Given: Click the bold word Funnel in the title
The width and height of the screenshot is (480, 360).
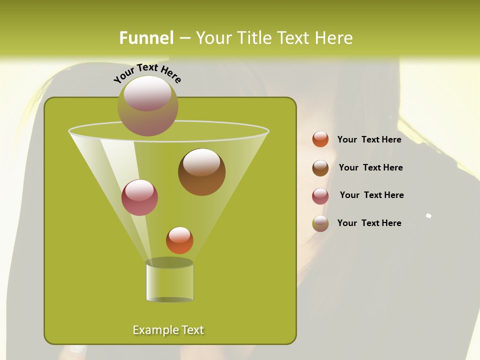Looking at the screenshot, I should click(x=146, y=38).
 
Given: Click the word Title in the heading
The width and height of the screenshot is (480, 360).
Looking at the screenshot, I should click(x=253, y=38).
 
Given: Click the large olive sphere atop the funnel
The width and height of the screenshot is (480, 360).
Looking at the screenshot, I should click(x=148, y=105).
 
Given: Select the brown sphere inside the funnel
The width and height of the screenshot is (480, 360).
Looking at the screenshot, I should click(x=201, y=171).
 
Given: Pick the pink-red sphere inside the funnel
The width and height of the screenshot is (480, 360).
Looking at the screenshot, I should click(x=139, y=197).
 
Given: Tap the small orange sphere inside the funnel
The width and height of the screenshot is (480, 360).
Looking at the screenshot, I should click(x=179, y=240).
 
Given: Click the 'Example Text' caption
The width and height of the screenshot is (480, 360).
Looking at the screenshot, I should click(x=168, y=330).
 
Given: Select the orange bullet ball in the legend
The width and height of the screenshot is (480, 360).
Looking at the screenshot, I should click(x=320, y=139).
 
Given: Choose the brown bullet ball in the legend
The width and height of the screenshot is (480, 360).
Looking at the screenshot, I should click(x=320, y=168).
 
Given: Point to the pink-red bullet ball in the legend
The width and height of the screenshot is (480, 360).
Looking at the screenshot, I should click(x=320, y=196).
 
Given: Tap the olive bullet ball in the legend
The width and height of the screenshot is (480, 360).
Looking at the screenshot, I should click(x=320, y=223).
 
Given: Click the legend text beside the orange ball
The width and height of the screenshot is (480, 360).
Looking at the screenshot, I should click(x=369, y=139).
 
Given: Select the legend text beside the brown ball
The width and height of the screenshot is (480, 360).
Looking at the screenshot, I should click(x=370, y=167).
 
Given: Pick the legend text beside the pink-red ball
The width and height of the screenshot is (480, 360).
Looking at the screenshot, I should click(x=371, y=195).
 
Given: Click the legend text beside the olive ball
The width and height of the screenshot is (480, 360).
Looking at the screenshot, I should click(x=369, y=223).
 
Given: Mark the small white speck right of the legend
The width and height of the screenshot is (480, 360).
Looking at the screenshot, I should click(x=428, y=216).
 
